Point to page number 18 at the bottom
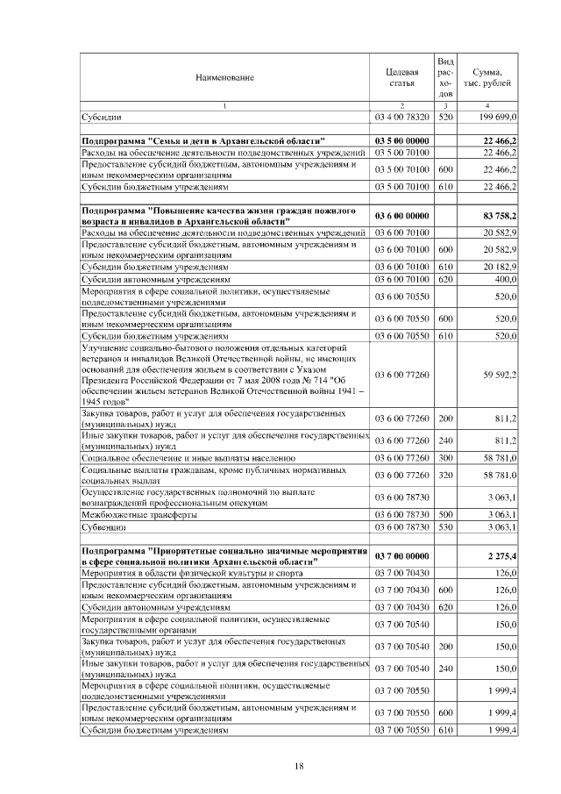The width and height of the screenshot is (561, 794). (x=298, y=766)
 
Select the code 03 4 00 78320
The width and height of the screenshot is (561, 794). (x=401, y=116)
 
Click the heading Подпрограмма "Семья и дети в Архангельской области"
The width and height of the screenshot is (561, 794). (x=202, y=140)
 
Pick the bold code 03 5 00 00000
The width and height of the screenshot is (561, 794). (x=401, y=140)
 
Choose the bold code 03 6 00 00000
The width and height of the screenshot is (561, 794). (x=401, y=216)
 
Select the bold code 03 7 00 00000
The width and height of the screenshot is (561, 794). (x=401, y=555)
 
